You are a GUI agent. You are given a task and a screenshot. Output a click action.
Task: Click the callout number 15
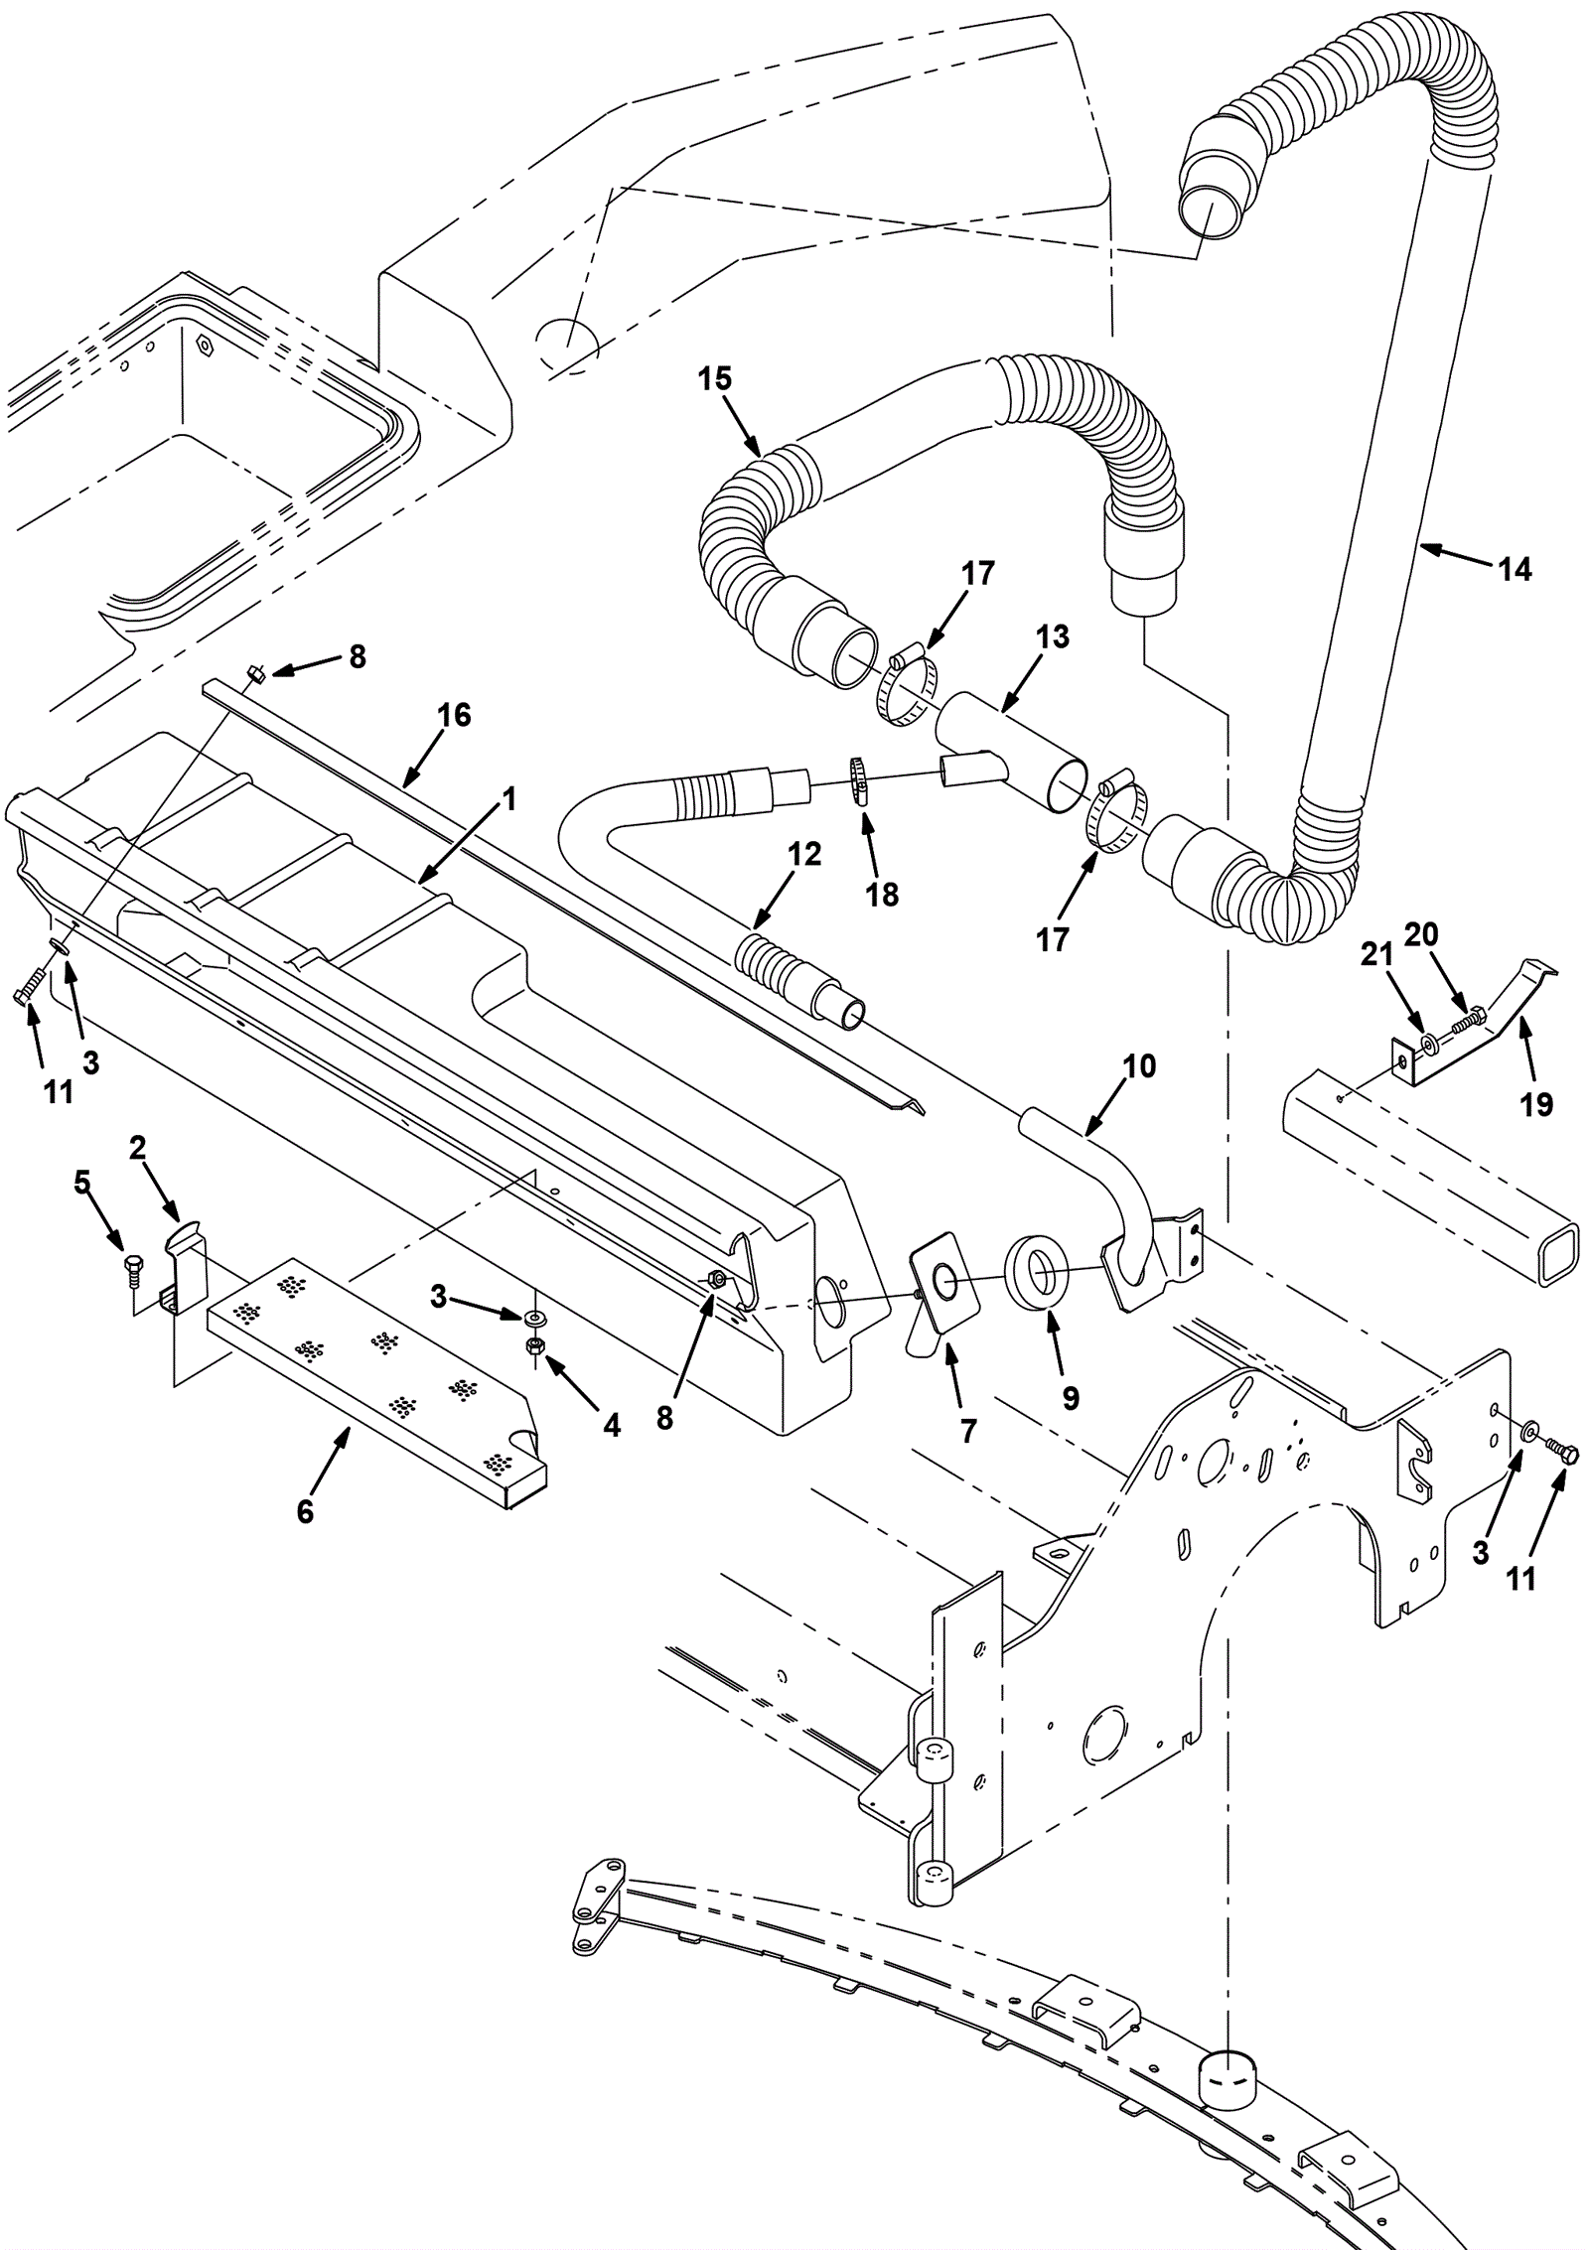coord(714,379)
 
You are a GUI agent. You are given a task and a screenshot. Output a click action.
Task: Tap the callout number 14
coord(1515,570)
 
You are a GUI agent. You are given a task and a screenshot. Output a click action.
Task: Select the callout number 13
coord(1052,636)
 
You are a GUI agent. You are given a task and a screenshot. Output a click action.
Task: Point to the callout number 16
coord(454,715)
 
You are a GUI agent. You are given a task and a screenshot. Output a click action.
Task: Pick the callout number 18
coord(882,895)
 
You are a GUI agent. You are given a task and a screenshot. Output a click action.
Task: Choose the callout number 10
coord(1140,1066)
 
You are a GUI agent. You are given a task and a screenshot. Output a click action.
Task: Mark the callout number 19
coord(1536,1104)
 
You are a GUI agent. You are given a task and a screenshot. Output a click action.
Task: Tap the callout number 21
coord(1375,955)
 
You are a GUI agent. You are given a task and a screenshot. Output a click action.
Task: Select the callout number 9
coord(1070,1398)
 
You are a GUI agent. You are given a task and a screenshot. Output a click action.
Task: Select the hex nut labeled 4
coord(533,1345)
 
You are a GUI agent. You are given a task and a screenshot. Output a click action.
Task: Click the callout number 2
coord(138,1149)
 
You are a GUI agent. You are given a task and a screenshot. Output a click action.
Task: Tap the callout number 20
coord(1421,934)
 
